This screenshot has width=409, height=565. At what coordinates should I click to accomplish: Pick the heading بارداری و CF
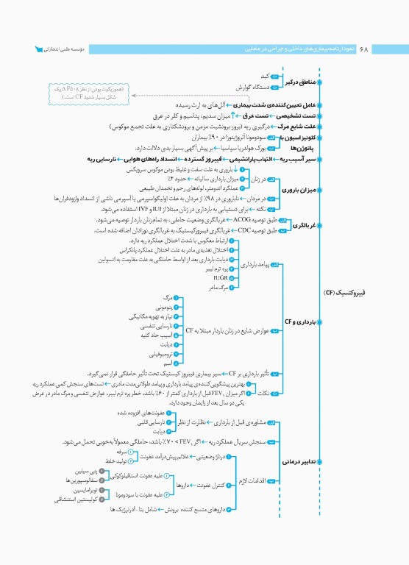pyautogui.click(x=299, y=321)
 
